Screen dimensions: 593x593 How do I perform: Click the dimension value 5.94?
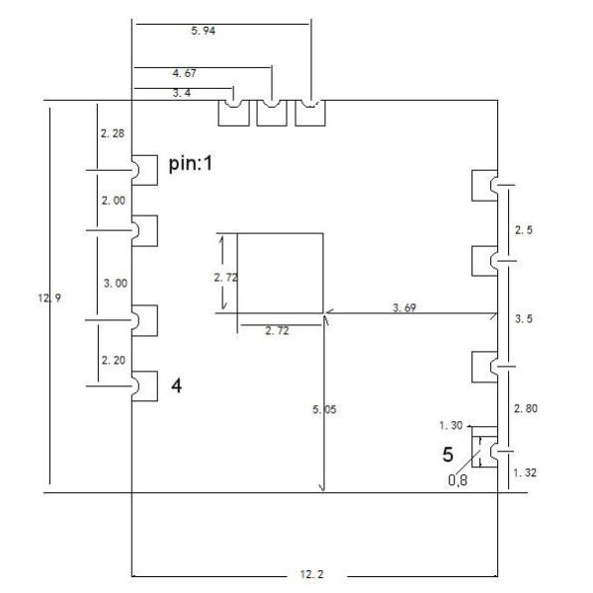pos(203,32)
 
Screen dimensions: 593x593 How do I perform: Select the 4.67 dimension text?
pos(184,73)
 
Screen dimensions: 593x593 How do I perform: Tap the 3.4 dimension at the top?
pos(183,93)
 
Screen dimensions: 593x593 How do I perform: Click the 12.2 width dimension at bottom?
pos(314,574)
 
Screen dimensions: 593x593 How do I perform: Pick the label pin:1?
pos(191,165)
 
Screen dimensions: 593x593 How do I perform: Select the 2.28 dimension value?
pos(113,132)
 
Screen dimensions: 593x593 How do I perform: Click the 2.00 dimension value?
pos(114,200)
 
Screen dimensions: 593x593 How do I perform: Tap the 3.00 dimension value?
pos(115,283)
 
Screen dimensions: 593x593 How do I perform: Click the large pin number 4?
pos(177,386)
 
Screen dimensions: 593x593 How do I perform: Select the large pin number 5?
pos(448,456)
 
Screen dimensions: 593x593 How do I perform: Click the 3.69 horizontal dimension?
pos(404,308)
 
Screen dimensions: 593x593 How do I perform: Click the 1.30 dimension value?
pos(450,426)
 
